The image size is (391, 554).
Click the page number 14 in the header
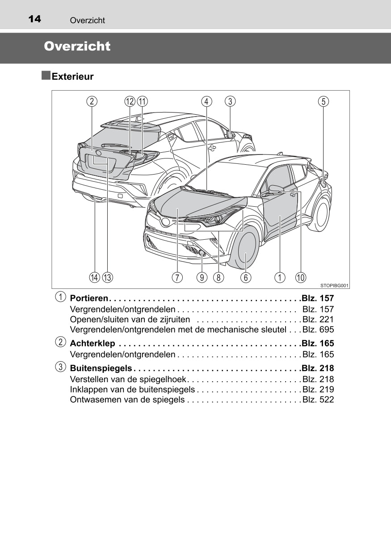(x=34, y=19)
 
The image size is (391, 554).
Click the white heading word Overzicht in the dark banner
(x=77, y=46)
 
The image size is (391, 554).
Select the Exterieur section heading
(x=72, y=76)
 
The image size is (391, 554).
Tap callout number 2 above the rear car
(x=92, y=101)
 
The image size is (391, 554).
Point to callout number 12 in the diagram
(x=130, y=101)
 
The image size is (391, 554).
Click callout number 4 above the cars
(x=206, y=101)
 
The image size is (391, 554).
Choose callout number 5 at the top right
(x=324, y=101)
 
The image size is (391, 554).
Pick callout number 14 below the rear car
(x=94, y=277)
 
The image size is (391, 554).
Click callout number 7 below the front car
(x=177, y=277)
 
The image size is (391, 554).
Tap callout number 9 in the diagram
(x=202, y=277)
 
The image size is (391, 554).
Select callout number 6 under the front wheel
(x=246, y=277)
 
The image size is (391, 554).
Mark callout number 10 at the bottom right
(x=300, y=277)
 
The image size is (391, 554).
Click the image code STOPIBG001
(x=334, y=285)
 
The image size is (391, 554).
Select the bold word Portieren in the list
(x=89, y=298)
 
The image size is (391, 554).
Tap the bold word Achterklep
(x=92, y=344)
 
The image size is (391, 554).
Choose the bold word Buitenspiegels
(x=101, y=368)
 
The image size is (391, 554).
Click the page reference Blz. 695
(x=318, y=330)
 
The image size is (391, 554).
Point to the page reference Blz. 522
(x=318, y=400)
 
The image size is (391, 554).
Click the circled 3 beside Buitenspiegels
(x=60, y=367)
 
